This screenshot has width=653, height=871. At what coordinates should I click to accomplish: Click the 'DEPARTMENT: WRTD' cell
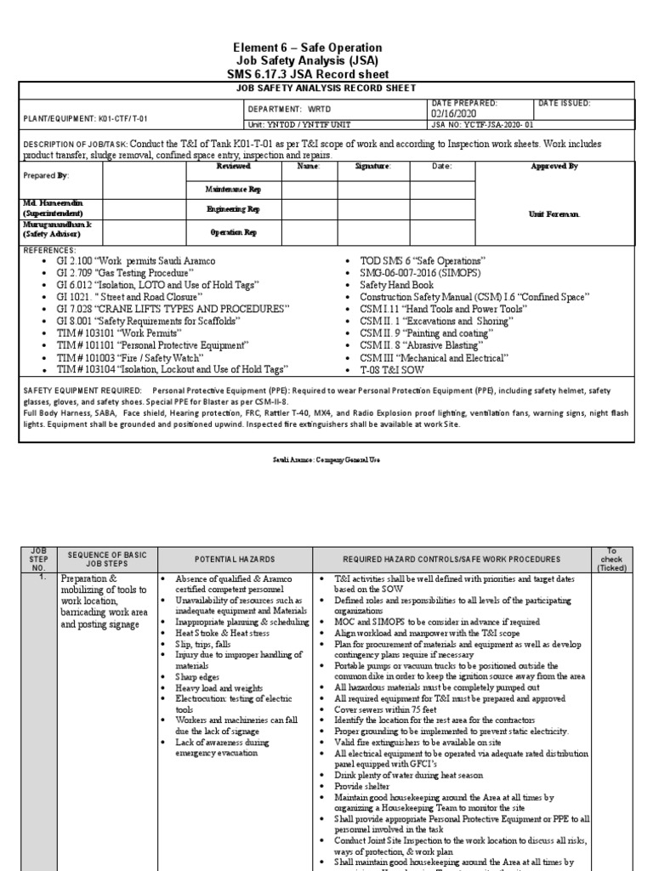tap(290, 109)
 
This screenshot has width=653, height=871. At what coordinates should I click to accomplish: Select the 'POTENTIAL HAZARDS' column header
tap(234, 559)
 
